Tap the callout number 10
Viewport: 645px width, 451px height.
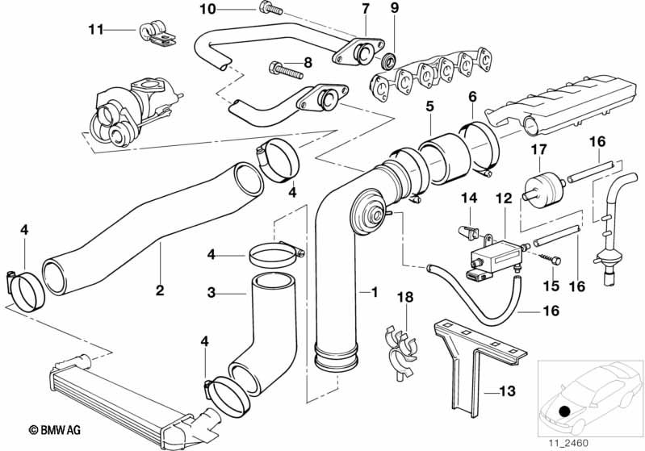(x=207, y=9)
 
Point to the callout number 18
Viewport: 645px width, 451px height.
(x=405, y=298)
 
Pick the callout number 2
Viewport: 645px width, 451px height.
(x=160, y=289)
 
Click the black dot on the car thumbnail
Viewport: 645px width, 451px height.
(x=563, y=412)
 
